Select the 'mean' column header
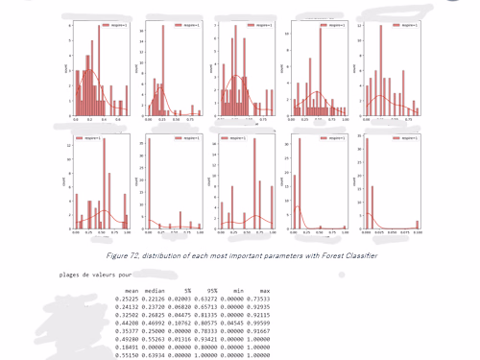point(132,290)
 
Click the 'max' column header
point(264,290)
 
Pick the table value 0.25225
point(126,299)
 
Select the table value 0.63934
point(153,352)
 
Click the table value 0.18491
point(126,345)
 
